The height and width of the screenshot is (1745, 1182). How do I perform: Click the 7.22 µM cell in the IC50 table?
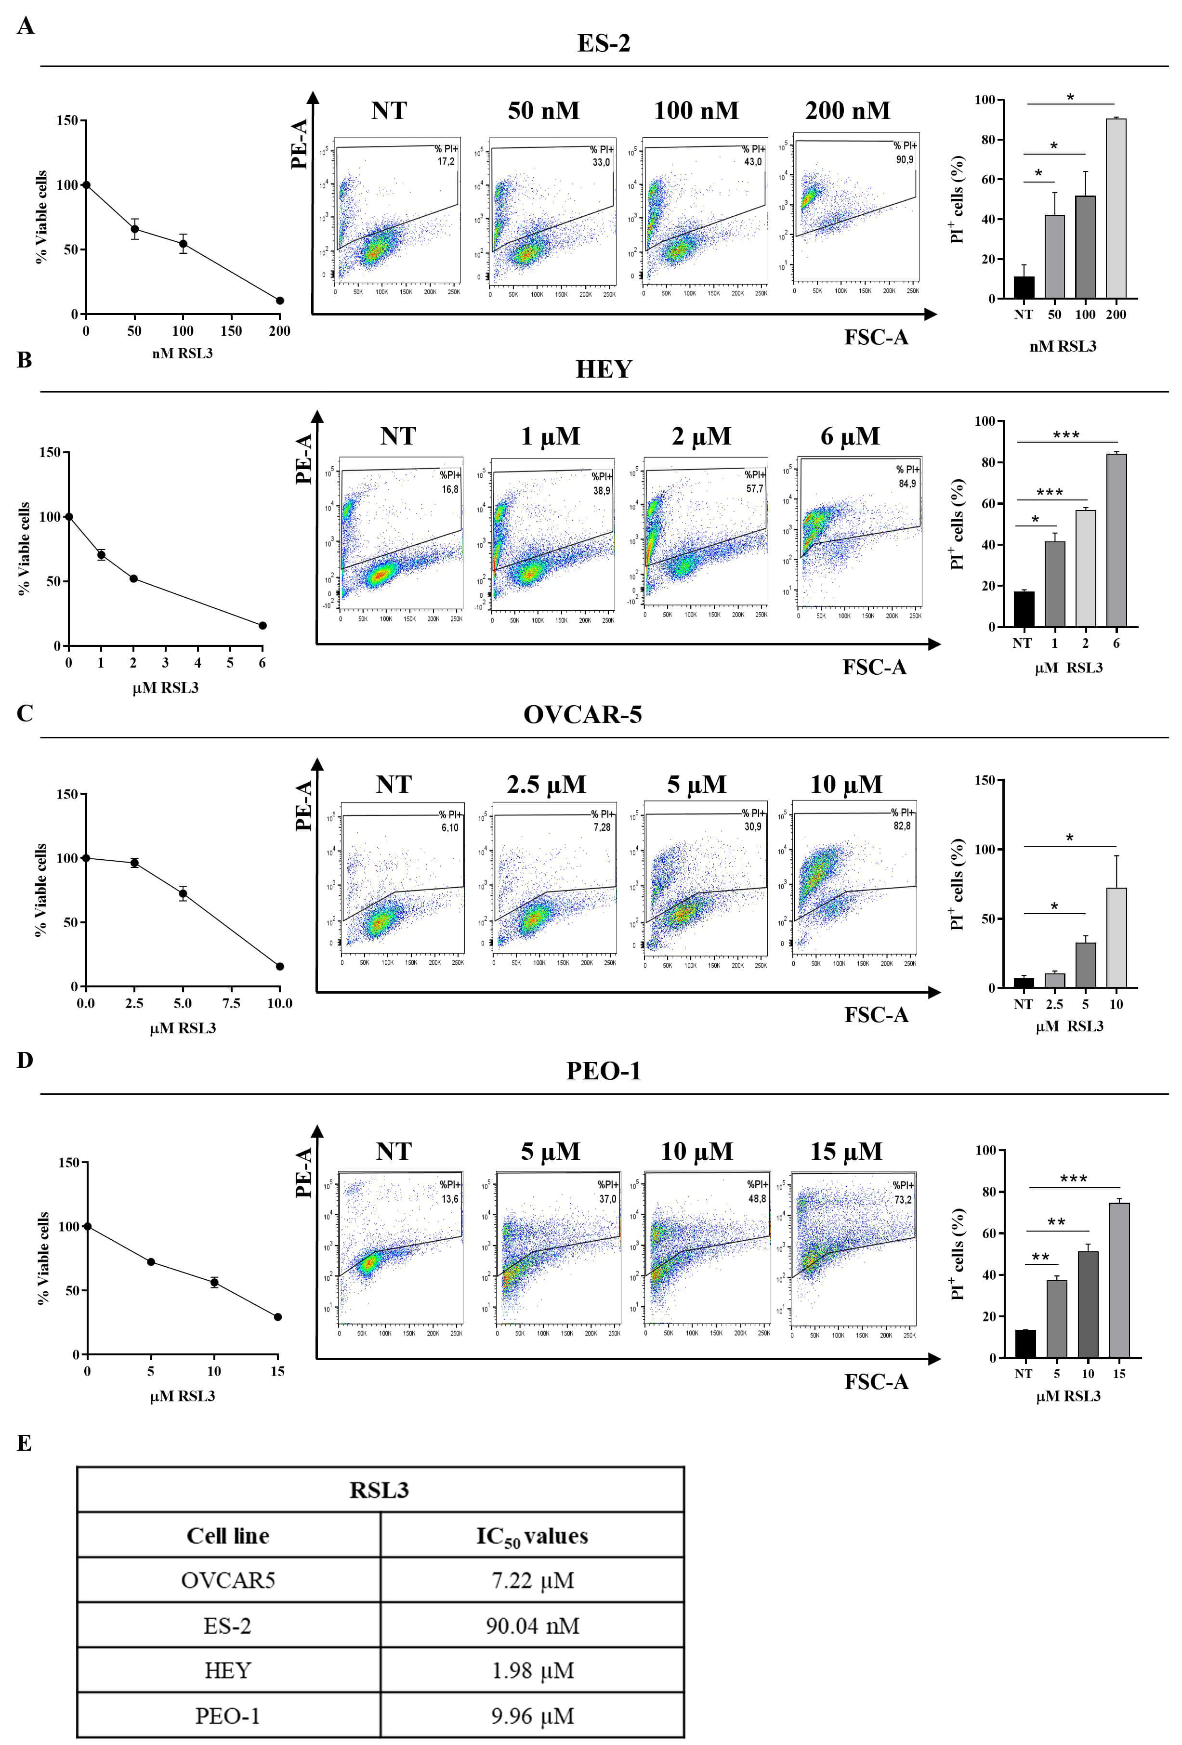click(532, 1581)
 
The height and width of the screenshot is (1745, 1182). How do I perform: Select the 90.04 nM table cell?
click(532, 1626)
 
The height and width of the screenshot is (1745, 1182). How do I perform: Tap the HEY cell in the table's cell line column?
click(227, 1671)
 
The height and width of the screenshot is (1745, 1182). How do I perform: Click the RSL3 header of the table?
click(379, 1491)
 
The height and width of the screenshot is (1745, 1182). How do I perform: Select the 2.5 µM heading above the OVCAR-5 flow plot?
click(546, 785)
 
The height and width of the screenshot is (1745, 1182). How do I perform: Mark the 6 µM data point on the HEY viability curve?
click(262, 626)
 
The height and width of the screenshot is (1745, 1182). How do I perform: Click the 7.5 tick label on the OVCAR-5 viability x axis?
click(231, 1003)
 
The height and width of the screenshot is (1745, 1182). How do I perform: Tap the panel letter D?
click(25, 1060)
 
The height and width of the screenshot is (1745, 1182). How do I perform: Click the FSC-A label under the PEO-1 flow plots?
click(876, 1381)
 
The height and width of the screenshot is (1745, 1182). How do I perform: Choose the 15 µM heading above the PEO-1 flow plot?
click(846, 1152)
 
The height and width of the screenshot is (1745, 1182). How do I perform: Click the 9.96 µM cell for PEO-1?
click(532, 1716)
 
